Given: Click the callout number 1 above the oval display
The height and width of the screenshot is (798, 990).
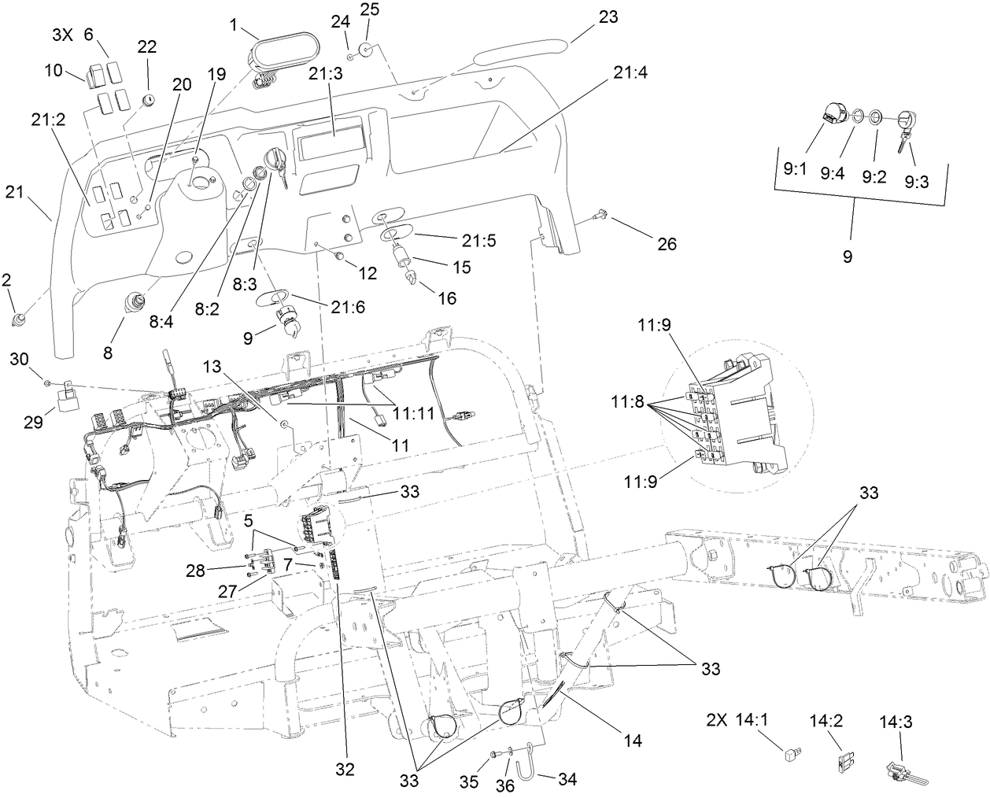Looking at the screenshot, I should [234, 24].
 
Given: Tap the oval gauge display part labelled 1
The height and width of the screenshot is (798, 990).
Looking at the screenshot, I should [277, 49].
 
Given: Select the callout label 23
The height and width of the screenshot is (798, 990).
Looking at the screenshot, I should [608, 16].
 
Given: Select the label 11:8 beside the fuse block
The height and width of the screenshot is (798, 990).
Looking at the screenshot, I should [628, 402].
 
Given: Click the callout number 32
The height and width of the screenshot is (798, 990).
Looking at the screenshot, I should [344, 768].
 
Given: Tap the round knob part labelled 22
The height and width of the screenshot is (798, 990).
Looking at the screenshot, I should [148, 99].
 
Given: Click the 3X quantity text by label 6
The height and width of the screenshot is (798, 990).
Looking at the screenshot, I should [63, 35].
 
